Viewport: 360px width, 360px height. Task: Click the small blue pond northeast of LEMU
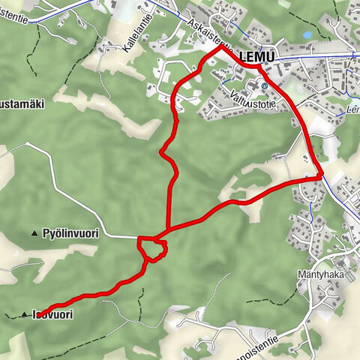(x=307, y=35)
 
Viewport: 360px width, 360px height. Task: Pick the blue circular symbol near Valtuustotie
(x=264, y=86)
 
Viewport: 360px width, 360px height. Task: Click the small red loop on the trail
(x=151, y=248)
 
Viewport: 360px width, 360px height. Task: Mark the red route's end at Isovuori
(x=37, y=315)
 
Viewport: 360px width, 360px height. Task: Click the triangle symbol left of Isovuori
(x=24, y=314)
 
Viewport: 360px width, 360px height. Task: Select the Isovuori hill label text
(x=54, y=315)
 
